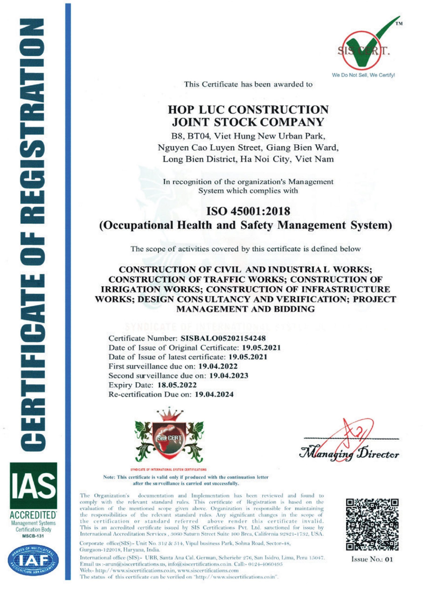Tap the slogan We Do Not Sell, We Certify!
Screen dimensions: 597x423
point(363,76)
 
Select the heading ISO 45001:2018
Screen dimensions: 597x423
point(248,211)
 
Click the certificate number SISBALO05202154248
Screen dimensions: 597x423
point(221,338)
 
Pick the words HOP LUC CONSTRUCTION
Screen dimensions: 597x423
point(248,110)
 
